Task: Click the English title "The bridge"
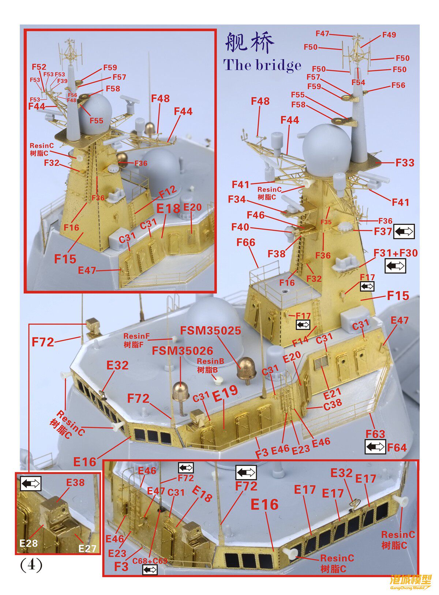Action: pos(262,65)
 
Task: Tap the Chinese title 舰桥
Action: pos(249,43)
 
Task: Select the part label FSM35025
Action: pos(210,331)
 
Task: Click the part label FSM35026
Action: pos(182,351)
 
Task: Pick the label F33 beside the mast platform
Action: pos(405,163)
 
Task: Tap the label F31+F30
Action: pos(395,253)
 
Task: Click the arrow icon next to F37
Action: pos(404,231)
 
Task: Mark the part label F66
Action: pos(246,242)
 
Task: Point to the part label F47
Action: pos(322,34)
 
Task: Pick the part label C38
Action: pos(333,403)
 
